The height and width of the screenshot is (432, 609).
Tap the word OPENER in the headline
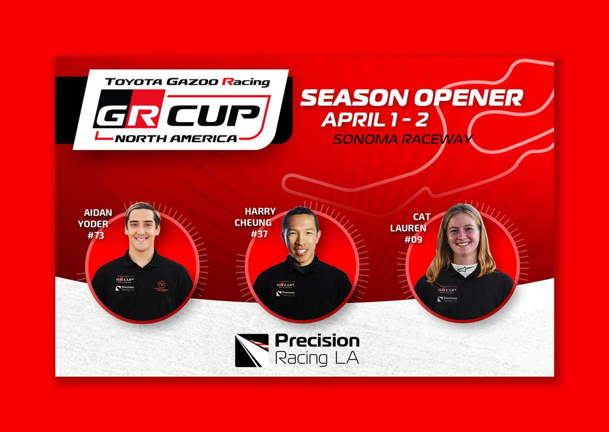(469, 98)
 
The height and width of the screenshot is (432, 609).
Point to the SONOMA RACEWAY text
(402, 139)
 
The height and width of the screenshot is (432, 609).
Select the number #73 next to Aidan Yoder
(96, 235)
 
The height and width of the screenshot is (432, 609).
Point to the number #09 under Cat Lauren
(413, 239)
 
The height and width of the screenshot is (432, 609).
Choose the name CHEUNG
(253, 222)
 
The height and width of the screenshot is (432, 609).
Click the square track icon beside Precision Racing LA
(251, 350)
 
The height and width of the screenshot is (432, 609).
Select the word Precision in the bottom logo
(317, 341)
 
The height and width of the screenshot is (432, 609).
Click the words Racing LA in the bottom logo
(316, 358)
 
